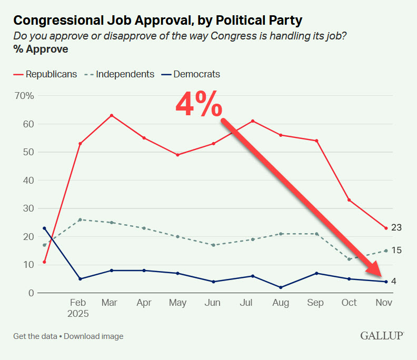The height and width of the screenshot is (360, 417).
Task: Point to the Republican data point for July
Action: coord(253,121)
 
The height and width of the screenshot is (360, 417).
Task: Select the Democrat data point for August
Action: coord(281,287)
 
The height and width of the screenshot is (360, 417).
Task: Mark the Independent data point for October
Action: coord(349,259)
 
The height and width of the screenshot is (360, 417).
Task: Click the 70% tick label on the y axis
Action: coord(24,96)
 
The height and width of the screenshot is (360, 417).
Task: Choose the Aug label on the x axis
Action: coord(281,303)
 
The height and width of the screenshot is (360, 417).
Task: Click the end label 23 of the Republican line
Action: coord(396,228)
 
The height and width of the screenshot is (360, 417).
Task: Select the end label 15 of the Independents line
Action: coord(396,251)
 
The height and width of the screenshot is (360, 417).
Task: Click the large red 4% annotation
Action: coord(198,105)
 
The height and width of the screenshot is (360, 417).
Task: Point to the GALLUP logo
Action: coord(382,335)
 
